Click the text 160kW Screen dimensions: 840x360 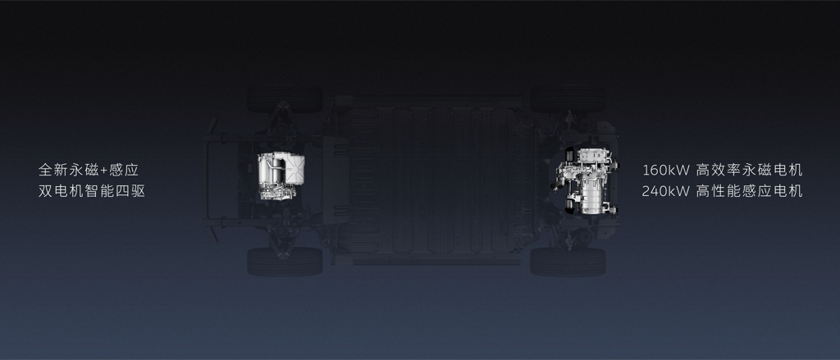(666, 171)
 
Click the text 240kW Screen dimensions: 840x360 (666, 191)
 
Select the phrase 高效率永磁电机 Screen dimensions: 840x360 (750, 171)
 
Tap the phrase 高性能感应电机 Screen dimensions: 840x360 (750, 191)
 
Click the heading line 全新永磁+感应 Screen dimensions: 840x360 (89, 171)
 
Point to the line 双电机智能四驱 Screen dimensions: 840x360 (92, 191)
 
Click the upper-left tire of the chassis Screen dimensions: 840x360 (285, 100)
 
